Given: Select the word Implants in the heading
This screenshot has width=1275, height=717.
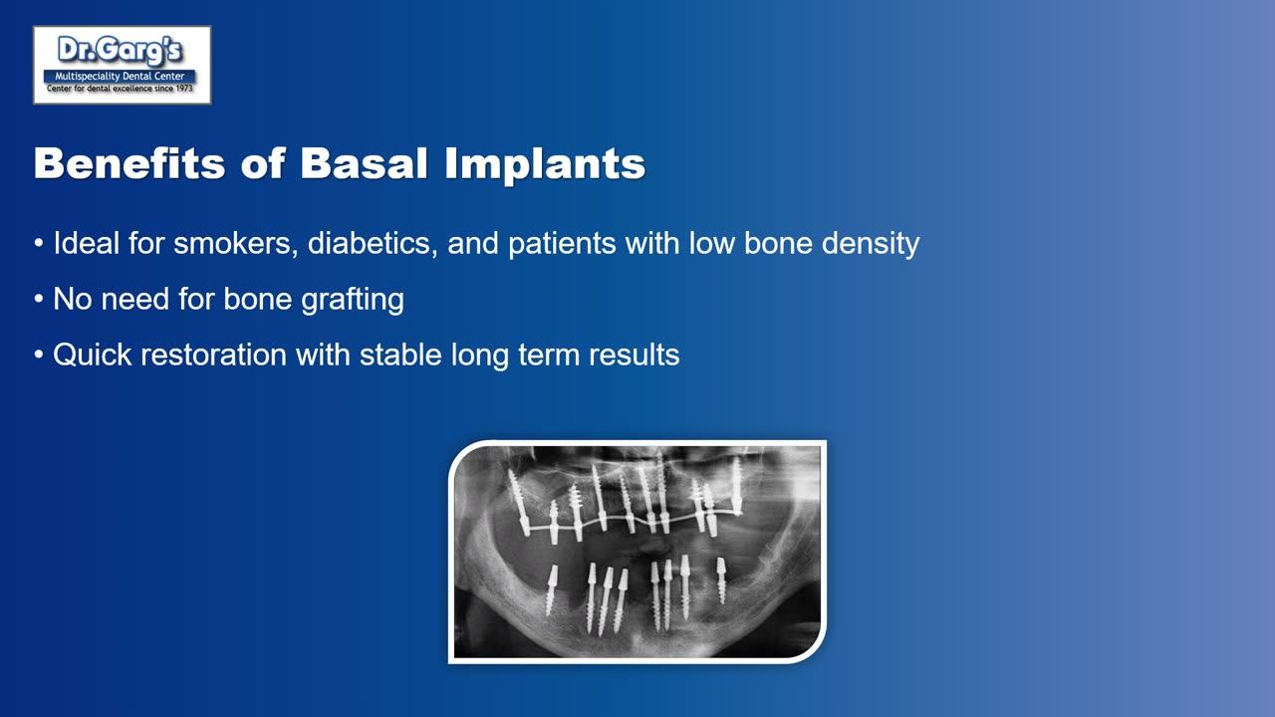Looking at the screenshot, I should click(545, 163).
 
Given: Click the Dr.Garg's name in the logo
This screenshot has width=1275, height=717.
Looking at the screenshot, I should click(122, 51).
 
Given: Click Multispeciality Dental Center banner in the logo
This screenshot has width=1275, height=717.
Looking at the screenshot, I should click(121, 76).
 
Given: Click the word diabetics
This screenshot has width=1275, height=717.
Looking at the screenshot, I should click(372, 243).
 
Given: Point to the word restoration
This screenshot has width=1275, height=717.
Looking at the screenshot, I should click(214, 355).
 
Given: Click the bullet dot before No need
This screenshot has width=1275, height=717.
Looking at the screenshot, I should click(39, 300).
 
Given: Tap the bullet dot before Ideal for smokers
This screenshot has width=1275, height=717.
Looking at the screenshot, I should click(39, 244).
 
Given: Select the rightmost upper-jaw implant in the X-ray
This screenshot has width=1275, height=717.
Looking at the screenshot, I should click(736, 485).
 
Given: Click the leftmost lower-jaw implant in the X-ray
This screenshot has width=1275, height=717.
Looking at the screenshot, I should click(550, 590).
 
